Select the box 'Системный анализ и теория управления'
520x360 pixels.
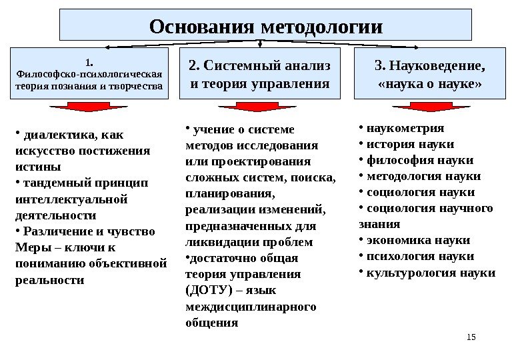point(260,75)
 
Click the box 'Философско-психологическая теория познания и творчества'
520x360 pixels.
point(89,75)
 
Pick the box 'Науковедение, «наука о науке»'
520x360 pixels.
point(430,75)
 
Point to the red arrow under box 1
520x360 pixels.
point(81,107)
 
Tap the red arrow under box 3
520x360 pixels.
point(421,107)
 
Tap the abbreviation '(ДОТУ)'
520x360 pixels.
point(203,291)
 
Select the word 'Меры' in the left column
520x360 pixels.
point(29,247)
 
